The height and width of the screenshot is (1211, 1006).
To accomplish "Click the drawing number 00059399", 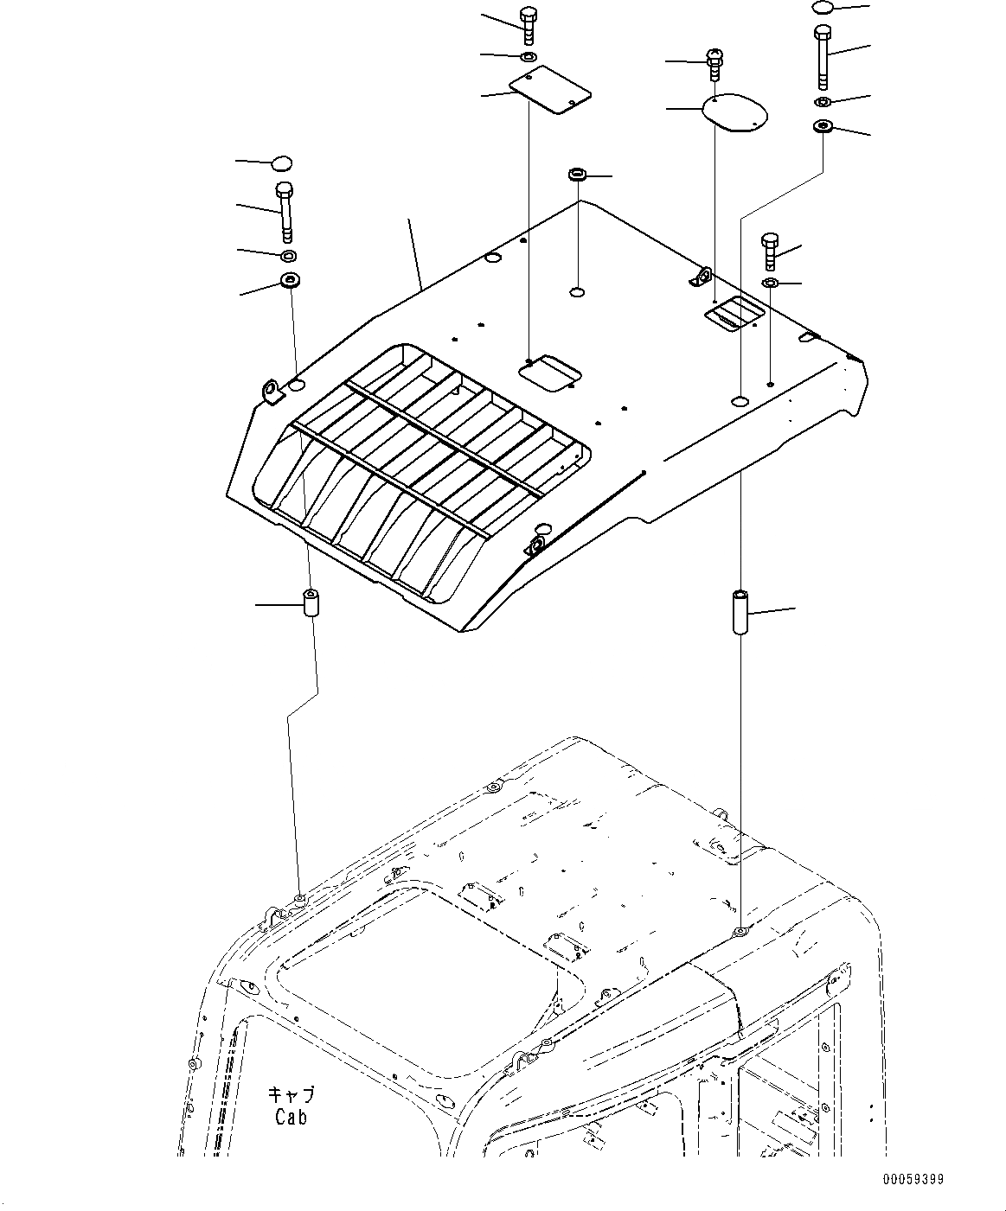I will [x=913, y=1178].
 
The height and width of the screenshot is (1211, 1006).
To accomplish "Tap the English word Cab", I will [x=292, y=1117].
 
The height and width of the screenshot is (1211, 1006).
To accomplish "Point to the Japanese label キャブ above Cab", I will [x=291, y=1094].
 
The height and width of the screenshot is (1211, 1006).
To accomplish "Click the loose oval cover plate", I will [x=735, y=112].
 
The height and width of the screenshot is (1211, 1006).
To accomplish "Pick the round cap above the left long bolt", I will [x=282, y=163].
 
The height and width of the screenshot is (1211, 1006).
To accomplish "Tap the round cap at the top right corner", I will [x=823, y=8].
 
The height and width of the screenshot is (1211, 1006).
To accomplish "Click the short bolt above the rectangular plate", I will [x=528, y=25].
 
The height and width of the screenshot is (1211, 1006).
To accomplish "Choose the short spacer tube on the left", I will [x=311, y=603].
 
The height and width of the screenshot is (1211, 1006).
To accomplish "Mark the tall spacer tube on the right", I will [x=740, y=613].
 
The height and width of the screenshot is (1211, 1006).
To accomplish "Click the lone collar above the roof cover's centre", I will [x=578, y=175].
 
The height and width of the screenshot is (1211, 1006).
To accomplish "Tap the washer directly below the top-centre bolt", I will [x=528, y=57].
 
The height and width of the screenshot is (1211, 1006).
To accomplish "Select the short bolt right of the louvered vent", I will [x=770, y=250].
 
